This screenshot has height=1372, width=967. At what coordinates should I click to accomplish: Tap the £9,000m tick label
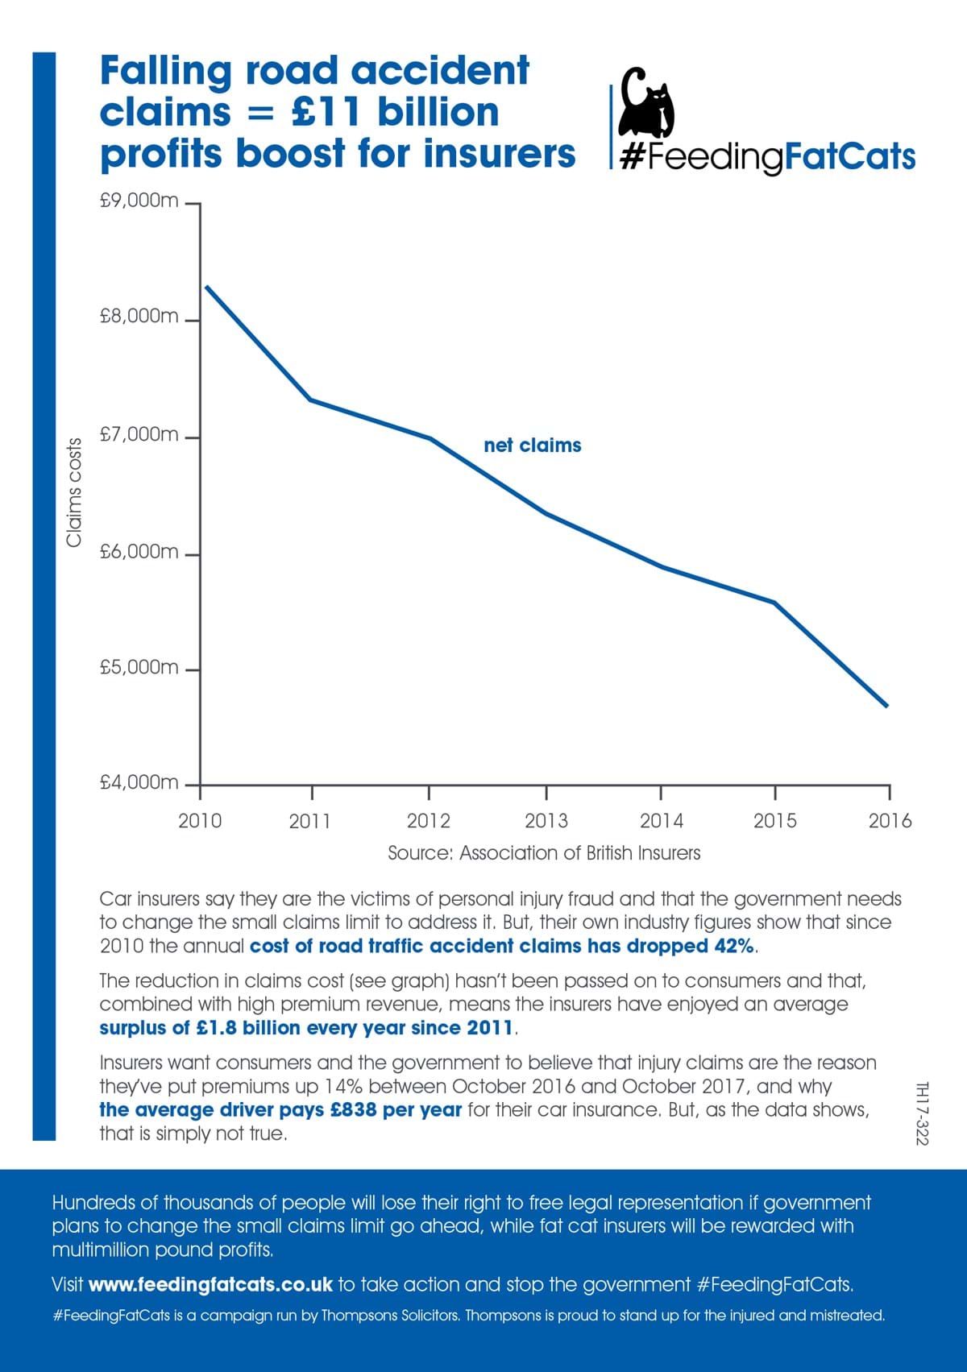point(139,201)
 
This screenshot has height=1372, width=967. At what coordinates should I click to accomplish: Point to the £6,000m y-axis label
point(139,552)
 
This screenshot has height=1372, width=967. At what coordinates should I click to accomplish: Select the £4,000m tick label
point(139,782)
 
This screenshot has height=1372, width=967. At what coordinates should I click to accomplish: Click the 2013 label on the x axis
point(546,821)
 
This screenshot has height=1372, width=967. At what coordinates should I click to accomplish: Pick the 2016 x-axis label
point(890,821)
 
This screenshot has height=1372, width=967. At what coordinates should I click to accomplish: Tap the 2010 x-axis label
point(200,821)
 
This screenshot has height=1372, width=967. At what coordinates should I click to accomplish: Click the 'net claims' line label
point(532,446)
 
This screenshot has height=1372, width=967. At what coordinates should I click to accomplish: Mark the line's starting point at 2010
point(206,286)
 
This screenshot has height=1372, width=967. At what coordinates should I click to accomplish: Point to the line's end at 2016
point(886,706)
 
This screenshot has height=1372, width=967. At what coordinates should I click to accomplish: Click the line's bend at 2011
point(311,400)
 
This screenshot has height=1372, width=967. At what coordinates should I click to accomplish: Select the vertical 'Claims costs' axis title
point(74,492)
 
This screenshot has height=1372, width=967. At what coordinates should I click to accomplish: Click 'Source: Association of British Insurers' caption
point(544,853)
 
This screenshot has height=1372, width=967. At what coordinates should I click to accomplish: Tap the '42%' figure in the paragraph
point(734,946)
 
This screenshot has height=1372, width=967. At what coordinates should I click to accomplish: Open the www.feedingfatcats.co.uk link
point(210,1284)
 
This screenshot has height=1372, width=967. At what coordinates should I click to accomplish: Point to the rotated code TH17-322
point(923,1113)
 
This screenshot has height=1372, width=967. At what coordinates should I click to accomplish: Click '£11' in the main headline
point(326,112)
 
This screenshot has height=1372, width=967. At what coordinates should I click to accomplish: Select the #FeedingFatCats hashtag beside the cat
point(768,156)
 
